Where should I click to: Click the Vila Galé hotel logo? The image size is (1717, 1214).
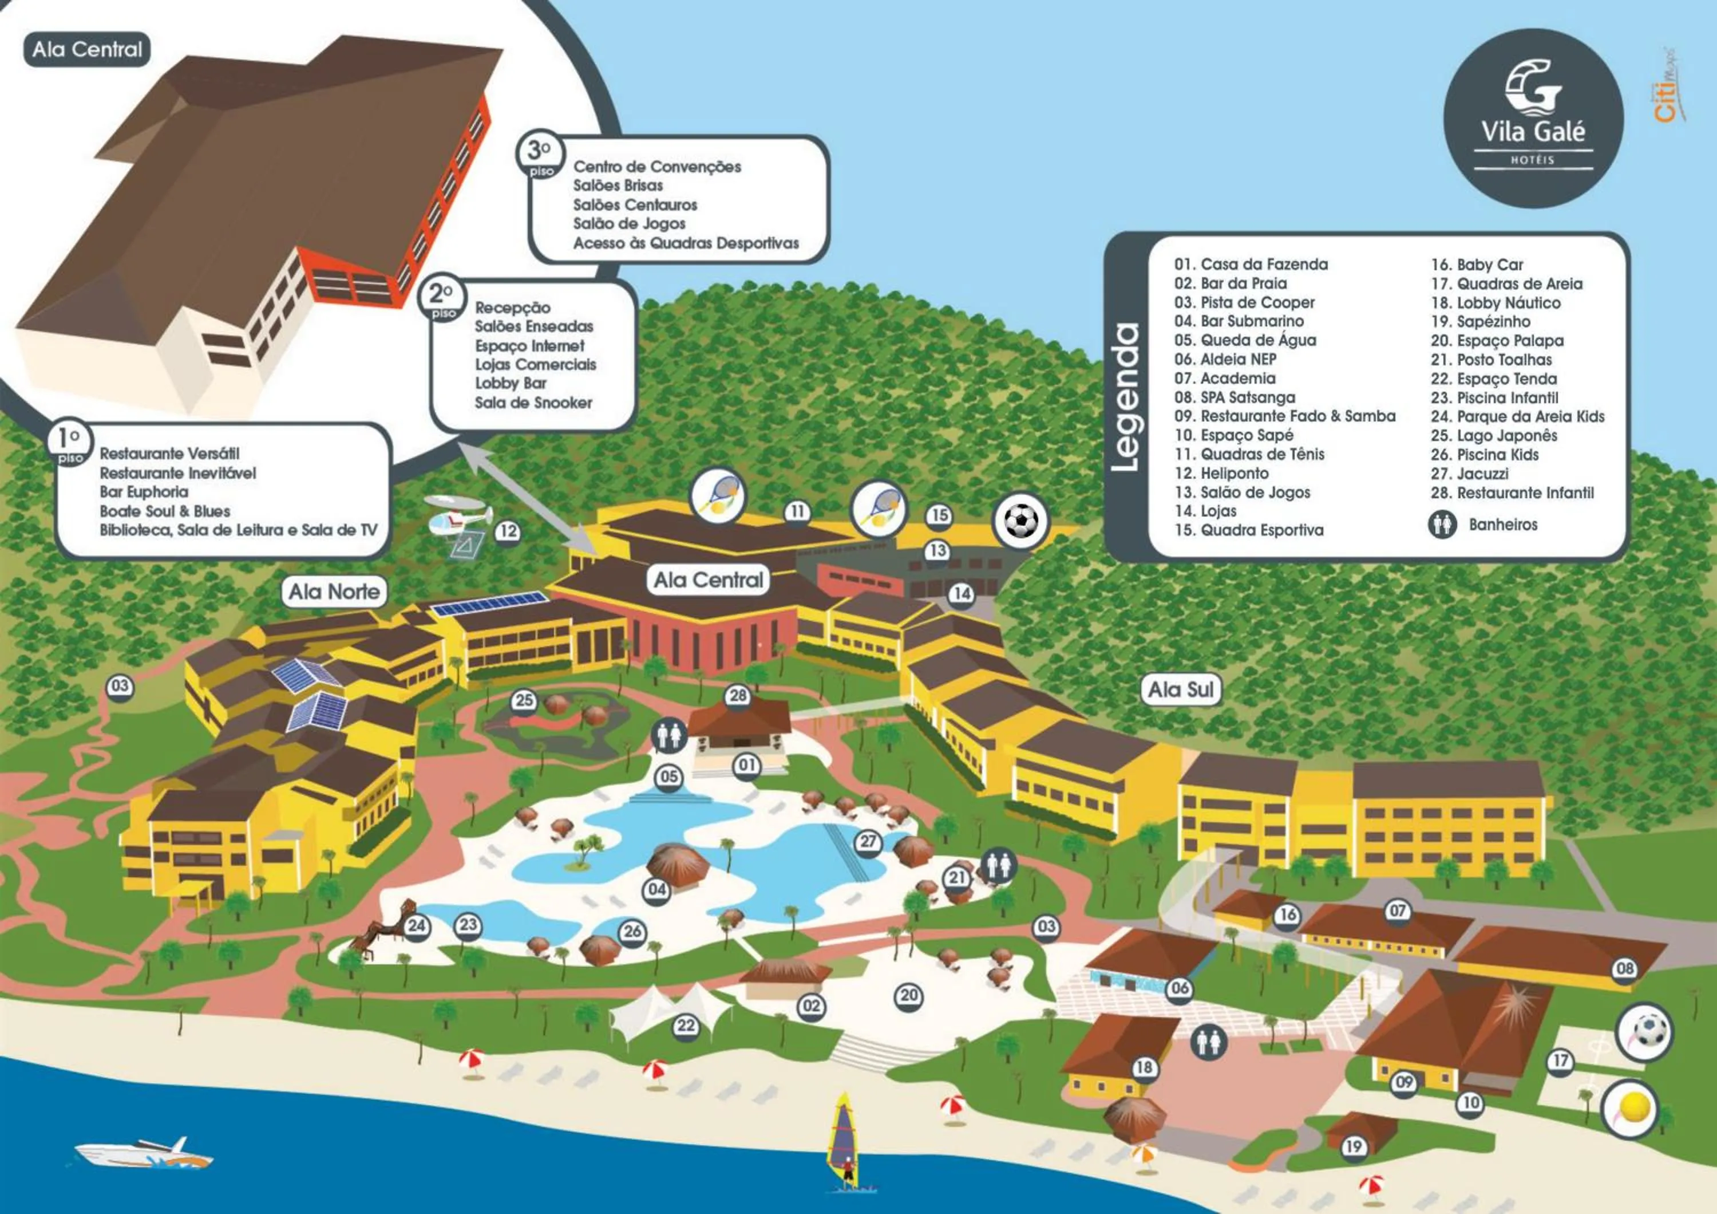tap(1533, 117)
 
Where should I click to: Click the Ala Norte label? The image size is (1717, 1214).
tap(334, 592)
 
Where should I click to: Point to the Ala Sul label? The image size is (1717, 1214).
tap(1181, 689)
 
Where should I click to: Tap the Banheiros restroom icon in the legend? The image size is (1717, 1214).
tap(1442, 525)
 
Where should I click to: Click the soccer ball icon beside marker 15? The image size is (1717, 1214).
tap(1020, 521)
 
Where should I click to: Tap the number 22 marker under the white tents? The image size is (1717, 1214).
tap(686, 1026)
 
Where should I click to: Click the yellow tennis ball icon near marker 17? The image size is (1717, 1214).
tap(1630, 1108)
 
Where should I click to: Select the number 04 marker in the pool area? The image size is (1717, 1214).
tap(656, 889)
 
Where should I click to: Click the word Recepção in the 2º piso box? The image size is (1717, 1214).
tap(512, 308)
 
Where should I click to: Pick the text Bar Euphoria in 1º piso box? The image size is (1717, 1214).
tap(144, 492)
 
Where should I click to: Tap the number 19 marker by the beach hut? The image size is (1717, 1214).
tap(1354, 1146)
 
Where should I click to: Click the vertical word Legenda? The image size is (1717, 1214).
tap(1125, 396)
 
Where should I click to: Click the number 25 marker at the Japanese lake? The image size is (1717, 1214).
tap(524, 700)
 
